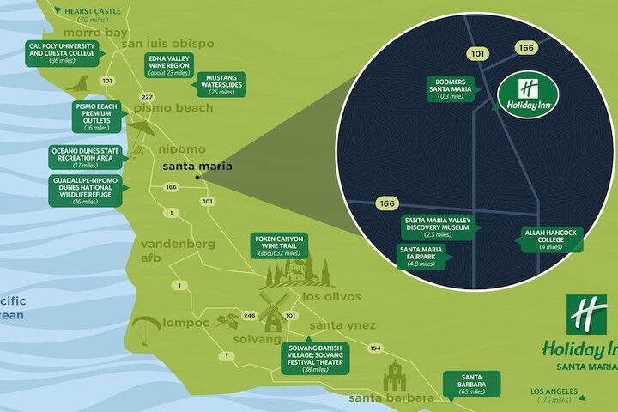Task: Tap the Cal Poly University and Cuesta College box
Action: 63,51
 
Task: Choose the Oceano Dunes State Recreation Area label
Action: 85,157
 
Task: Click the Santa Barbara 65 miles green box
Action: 470,384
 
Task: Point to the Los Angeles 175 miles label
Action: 549,396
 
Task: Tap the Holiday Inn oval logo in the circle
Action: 528,93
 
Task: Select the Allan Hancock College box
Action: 551,239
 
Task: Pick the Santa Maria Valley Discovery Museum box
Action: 437,227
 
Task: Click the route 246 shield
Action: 249,316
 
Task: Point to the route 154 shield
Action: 374,348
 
